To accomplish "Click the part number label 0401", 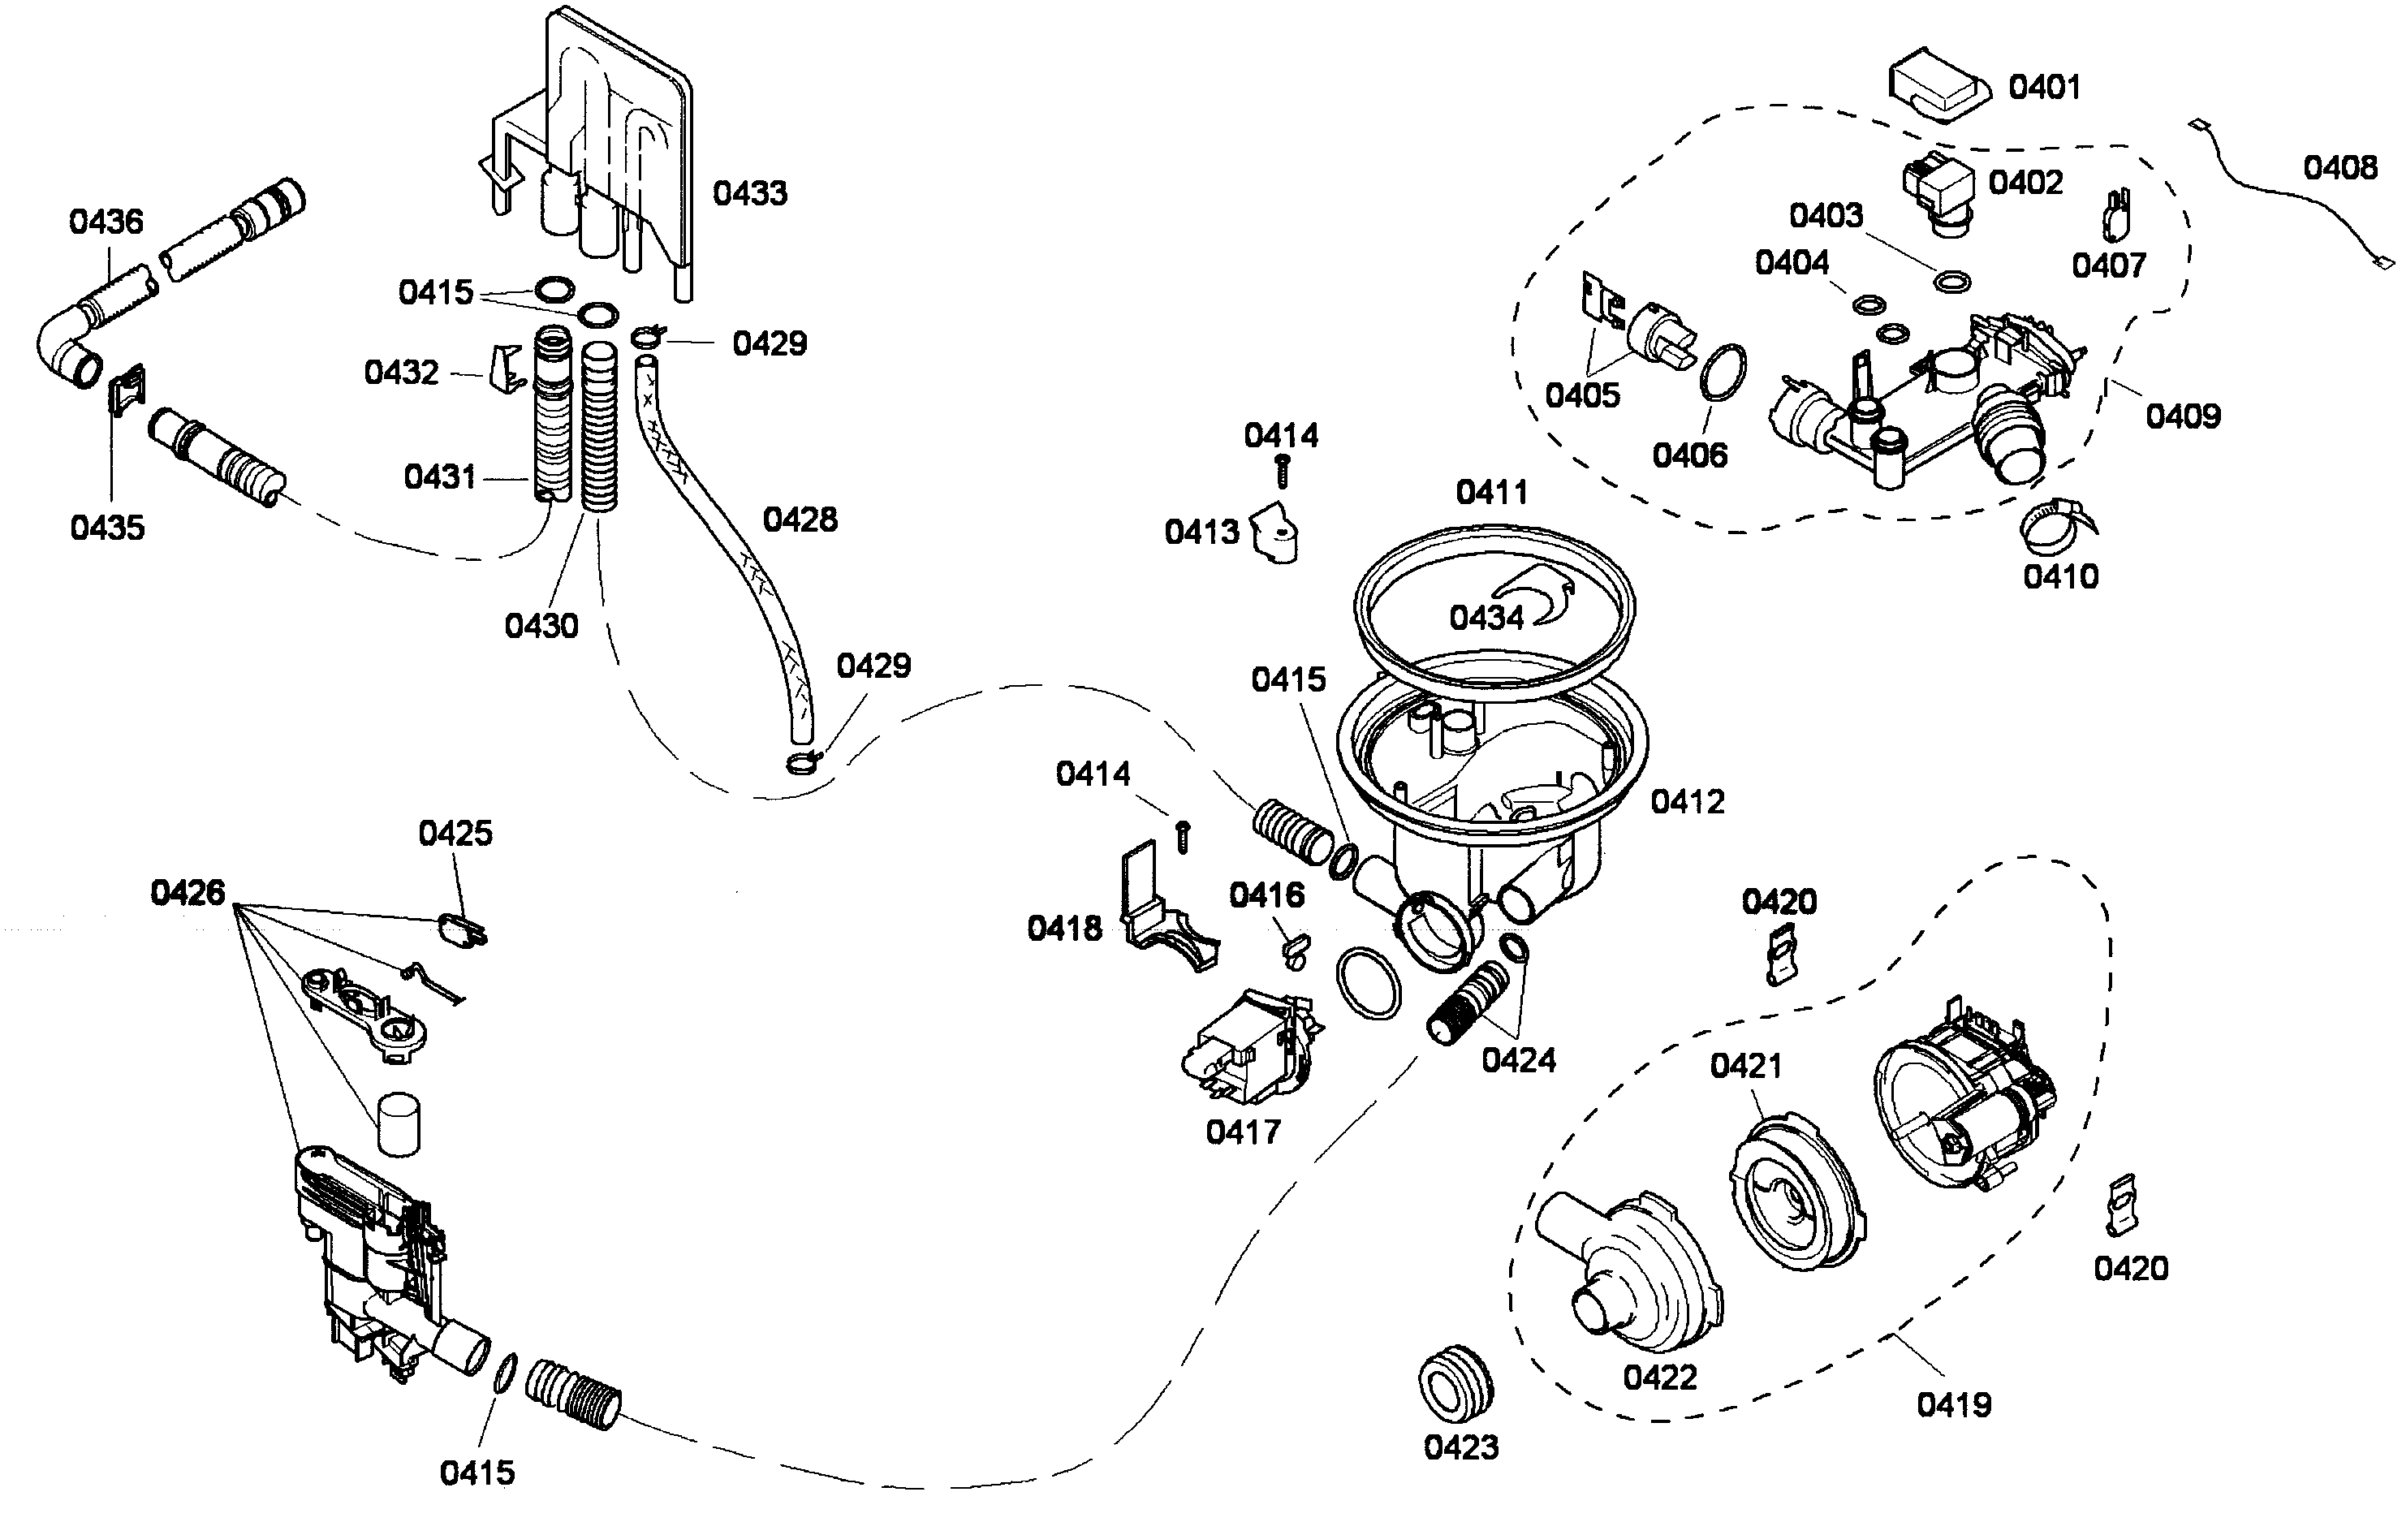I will (2044, 88).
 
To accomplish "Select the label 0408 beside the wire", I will (2339, 167).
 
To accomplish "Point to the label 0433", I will (749, 193).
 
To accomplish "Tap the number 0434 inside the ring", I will (1486, 619).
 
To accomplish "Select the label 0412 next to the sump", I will (1687, 802).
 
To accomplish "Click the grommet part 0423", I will (1456, 1382).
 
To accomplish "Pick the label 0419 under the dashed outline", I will (1953, 1405).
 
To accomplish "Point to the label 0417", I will (1242, 1132).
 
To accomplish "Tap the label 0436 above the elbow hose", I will (106, 222).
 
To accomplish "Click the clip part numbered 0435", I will (127, 389).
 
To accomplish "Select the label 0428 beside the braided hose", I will (799, 520).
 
